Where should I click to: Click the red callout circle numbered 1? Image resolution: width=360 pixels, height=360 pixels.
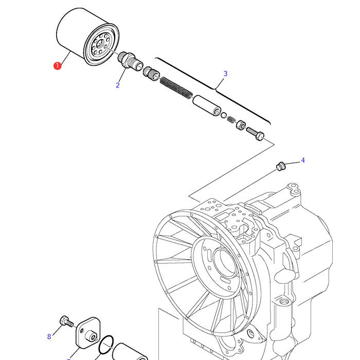tap(58, 66)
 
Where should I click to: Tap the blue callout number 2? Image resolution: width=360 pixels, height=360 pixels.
tap(118, 85)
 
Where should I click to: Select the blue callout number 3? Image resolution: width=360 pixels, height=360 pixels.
tap(225, 74)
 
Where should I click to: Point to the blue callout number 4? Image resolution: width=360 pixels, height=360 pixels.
tap(303, 160)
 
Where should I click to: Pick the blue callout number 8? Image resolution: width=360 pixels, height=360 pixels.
tap(49, 336)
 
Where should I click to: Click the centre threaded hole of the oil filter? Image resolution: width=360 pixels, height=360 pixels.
tap(100, 43)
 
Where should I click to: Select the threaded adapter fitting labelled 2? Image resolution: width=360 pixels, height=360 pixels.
tap(129, 61)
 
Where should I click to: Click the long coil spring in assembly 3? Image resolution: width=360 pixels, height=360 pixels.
tap(176, 87)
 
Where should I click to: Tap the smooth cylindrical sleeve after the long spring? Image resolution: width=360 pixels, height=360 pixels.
tap(207, 105)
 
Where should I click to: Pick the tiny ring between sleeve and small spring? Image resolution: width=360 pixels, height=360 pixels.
tap(224, 115)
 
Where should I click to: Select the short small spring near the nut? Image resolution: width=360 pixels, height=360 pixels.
tap(231, 119)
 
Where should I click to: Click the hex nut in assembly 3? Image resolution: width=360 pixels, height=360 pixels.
tap(241, 125)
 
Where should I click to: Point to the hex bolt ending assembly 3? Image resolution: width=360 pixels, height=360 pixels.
tap(255, 134)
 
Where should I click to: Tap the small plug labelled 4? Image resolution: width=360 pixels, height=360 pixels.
tap(281, 166)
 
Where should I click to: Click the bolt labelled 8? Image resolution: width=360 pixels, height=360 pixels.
tap(66, 321)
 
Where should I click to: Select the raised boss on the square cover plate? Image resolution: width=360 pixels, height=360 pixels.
tap(91, 336)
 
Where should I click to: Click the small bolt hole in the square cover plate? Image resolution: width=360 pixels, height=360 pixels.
tap(82, 331)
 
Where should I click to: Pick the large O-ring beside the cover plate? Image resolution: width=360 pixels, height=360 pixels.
tap(106, 345)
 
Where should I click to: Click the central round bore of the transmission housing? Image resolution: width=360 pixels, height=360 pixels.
tap(225, 262)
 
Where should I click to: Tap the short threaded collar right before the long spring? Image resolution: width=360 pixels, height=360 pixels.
tap(152, 73)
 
